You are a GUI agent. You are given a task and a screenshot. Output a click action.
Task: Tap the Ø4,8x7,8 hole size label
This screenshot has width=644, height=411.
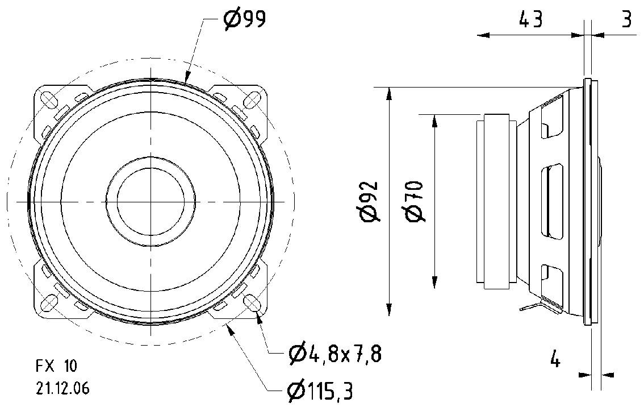coord(334,355)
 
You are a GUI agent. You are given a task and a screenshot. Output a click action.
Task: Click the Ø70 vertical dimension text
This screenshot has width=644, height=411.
coord(414,202)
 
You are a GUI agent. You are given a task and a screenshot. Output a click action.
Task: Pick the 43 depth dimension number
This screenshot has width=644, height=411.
coord(530,20)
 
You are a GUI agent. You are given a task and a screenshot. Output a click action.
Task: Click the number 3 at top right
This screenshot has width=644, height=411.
coord(626,20)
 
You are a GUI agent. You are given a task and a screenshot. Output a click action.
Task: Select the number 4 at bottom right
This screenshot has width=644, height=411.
coord(555,359)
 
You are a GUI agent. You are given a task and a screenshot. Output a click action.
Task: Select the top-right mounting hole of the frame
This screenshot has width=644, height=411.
coord(252,100)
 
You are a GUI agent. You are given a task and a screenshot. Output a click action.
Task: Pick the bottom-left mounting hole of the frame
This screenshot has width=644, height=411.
coord(51,302)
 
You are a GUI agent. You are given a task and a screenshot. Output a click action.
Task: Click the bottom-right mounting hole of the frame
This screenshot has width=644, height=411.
coord(252,302)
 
